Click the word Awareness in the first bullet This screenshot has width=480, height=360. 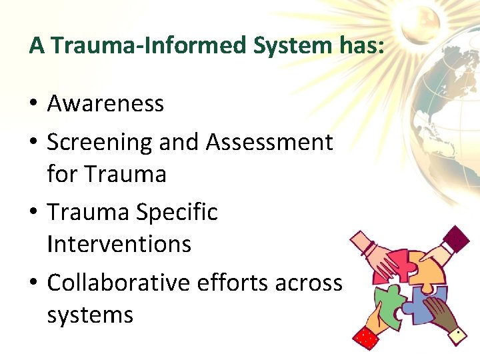pos(105,104)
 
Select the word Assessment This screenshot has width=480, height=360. pos(269,142)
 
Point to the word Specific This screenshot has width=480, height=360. pos(177,213)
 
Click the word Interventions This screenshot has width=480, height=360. pos(119,244)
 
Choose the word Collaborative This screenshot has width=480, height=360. pos(119,283)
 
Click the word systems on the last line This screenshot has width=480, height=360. pos(90,314)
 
